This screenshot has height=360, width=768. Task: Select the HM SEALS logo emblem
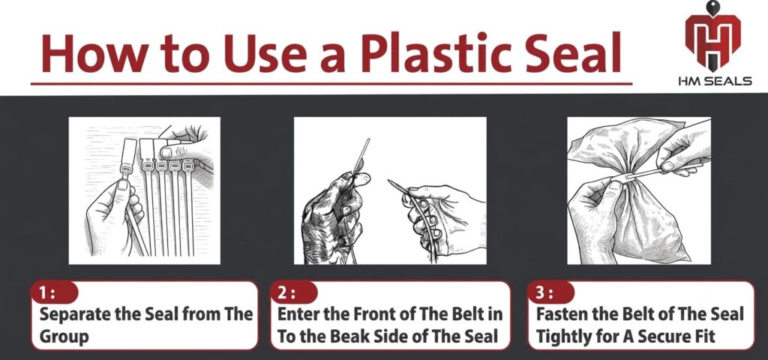click(713, 36)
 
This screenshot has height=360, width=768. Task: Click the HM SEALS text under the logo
click(715, 81)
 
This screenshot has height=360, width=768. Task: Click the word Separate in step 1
click(74, 314)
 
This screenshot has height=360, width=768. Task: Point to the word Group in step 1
click(64, 337)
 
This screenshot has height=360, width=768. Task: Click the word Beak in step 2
click(365, 337)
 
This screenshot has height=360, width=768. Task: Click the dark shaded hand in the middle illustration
click(333, 215)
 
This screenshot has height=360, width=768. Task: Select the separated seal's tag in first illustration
click(128, 152)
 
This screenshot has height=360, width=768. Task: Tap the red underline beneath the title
click(331, 84)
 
